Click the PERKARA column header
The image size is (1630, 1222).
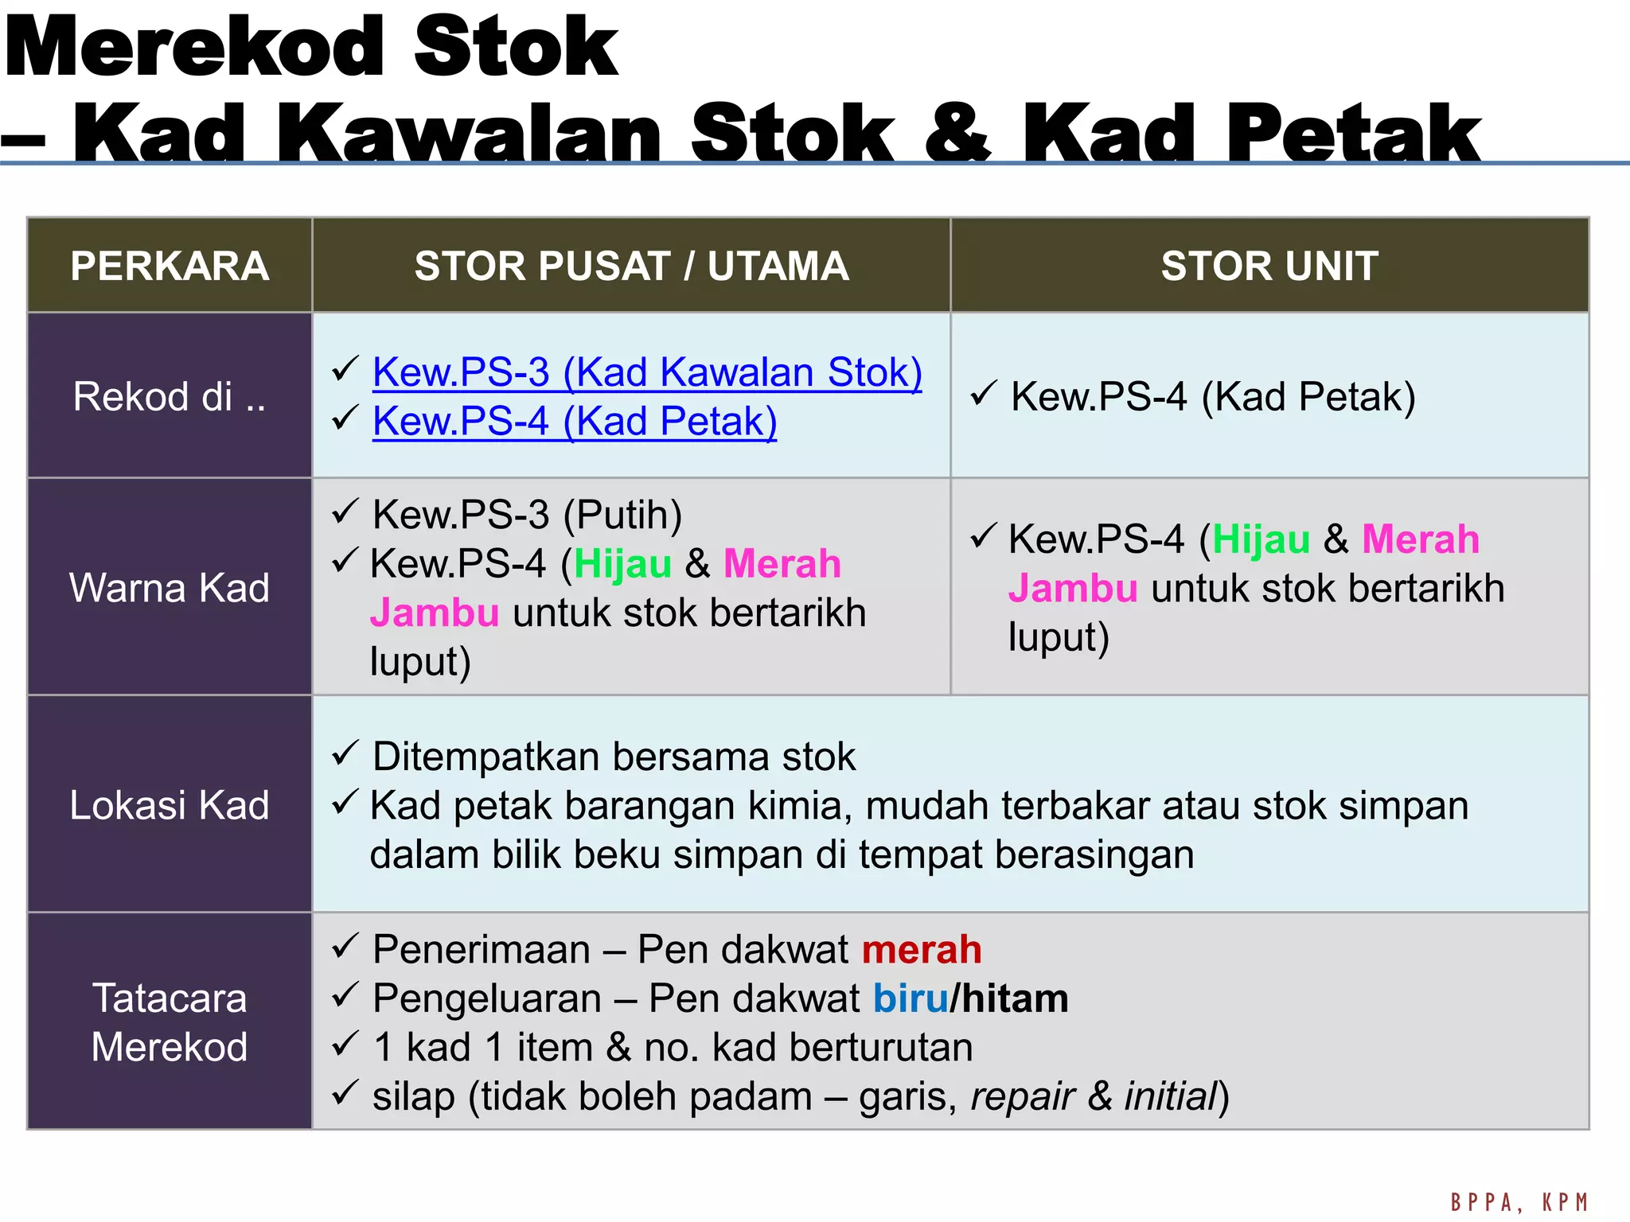(170, 266)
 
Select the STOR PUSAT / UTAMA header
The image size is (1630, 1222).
(631, 266)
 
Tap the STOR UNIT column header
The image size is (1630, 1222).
(1269, 266)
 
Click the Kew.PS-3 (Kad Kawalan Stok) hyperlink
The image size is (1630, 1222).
(647, 372)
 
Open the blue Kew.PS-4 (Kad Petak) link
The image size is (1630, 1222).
(574, 422)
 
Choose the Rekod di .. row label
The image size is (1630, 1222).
(170, 396)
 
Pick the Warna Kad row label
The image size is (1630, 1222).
(170, 588)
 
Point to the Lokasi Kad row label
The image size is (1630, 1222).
(170, 805)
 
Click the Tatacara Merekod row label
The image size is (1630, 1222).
(170, 1022)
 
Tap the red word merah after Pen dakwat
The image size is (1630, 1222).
(922, 950)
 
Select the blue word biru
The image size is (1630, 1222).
(911, 999)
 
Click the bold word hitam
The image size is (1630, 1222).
(1015, 999)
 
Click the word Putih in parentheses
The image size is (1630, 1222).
(622, 515)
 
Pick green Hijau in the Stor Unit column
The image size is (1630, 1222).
(1261, 539)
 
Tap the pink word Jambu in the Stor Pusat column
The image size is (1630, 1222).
(435, 613)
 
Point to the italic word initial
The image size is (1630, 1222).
(1171, 1097)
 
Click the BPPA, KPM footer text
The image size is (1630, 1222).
(1519, 1202)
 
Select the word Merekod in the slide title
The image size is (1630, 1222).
(195, 48)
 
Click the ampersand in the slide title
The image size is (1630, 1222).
(958, 134)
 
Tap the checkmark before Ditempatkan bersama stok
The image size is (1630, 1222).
(345, 753)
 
